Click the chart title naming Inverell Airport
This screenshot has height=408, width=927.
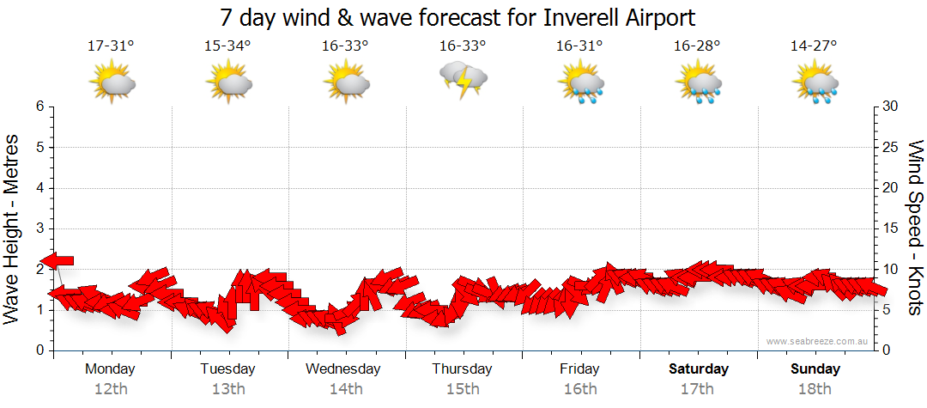pos(457,17)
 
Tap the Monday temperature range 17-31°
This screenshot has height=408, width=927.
pos(112,46)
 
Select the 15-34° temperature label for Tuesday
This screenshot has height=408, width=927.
pos(228,46)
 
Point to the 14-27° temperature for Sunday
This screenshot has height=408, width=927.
pos(814,46)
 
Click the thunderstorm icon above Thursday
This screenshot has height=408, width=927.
pos(463,81)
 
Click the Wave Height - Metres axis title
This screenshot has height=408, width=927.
pos(13,228)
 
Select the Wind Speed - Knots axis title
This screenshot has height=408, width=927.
pos(914,228)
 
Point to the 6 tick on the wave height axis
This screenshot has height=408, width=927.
pos(39,107)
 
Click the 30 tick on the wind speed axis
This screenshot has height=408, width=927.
pos(892,107)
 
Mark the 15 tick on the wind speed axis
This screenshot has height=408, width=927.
pos(892,228)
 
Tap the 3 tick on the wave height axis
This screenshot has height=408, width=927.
pos(39,228)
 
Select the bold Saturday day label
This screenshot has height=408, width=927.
pos(698,369)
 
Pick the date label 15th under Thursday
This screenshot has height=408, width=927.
pos(463,389)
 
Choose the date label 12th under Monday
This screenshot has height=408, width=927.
pos(112,389)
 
